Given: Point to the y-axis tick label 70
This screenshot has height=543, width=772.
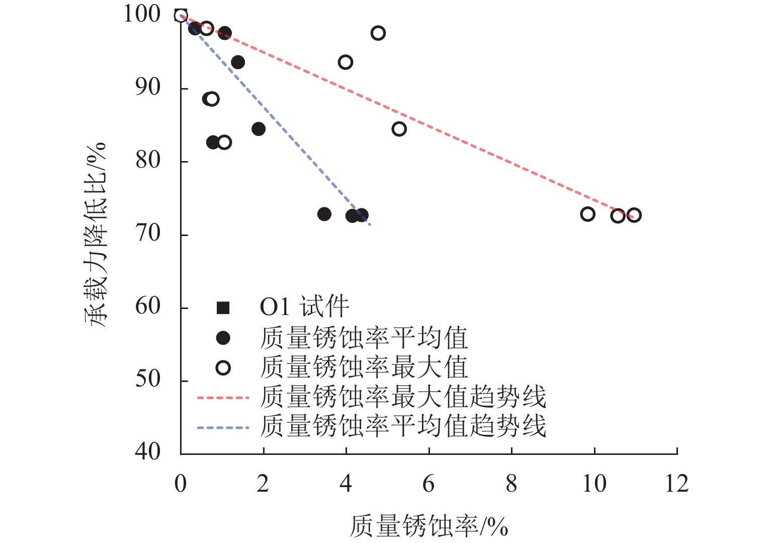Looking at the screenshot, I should [x=148, y=234].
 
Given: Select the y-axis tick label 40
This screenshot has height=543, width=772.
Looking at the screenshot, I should [x=148, y=452].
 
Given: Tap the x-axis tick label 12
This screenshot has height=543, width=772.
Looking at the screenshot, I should [x=676, y=484].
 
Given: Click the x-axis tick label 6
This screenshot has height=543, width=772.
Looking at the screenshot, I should [x=428, y=484].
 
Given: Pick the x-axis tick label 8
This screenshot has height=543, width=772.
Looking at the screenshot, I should [x=511, y=484].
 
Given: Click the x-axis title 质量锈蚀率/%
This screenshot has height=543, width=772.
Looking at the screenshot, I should [x=428, y=526].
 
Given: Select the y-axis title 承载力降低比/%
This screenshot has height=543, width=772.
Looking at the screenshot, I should [x=96, y=234].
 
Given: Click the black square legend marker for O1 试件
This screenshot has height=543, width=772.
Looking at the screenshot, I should [x=223, y=307].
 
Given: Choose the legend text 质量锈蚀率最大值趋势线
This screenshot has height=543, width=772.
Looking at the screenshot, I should [x=403, y=398].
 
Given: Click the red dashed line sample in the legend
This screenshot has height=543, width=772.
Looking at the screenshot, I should [x=223, y=398].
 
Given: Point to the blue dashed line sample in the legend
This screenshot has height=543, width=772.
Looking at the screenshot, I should [x=223, y=428].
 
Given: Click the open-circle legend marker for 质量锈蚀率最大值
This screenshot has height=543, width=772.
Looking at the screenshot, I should [x=223, y=368].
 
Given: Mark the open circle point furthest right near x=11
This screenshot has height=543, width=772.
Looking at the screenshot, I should [x=634, y=215].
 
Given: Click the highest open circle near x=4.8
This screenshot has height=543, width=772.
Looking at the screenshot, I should [x=378, y=33].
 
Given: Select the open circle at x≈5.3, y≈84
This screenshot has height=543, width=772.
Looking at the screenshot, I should [x=399, y=129].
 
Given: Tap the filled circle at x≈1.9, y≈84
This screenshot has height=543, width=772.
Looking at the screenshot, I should [x=259, y=129].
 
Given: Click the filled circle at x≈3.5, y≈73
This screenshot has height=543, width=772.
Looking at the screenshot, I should [x=324, y=214].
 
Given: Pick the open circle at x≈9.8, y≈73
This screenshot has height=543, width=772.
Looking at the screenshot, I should [x=587, y=214].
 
